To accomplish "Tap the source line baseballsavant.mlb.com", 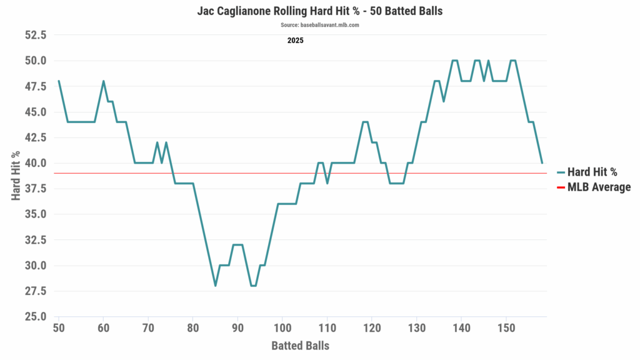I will [x=319, y=25].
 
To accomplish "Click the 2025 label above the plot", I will [x=296, y=41].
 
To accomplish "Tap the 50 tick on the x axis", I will [x=59, y=327].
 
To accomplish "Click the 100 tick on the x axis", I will [x=282, y=327].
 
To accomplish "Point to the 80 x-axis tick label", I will [x=193, y=327].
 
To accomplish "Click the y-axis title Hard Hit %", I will [x=16, y=176].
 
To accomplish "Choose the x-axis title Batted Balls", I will [x=300, y=345].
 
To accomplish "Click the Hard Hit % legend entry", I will [x=591, y=173].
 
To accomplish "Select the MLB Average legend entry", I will [x=598, y=187].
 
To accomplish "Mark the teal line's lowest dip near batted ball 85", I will [x=215, y=286].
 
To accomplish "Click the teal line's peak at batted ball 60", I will [x=103, y=81].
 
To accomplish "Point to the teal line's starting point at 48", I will [x=59, y=81].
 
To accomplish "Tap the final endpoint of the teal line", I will [x=542, y=163].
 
